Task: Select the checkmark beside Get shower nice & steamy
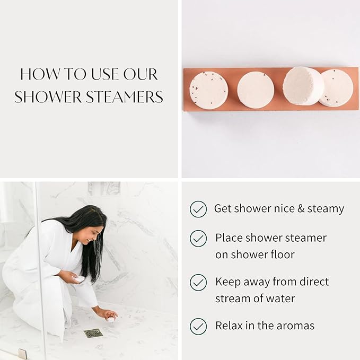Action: pos(198,209)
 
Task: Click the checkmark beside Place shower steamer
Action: pos(198,239)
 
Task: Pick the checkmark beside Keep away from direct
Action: pos(198,282)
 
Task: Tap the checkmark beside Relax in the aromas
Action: pos(198,326)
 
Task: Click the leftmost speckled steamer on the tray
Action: pos(208,90)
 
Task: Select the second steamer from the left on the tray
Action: pos(255,90)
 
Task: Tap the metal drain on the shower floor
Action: pos(92,333)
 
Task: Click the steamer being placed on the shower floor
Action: pos(111,319)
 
